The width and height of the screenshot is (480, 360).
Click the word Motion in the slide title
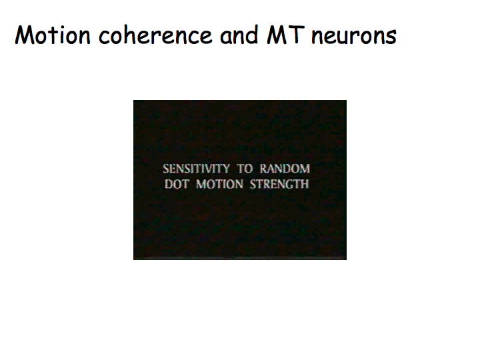(53, 35)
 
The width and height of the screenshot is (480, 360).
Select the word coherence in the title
(155, 35)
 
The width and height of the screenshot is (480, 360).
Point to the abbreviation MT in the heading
(285, 35)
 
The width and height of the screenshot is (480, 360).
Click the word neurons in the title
(354, 36)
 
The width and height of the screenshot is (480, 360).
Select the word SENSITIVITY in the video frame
(196, 169)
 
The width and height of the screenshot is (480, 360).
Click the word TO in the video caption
(245, 169)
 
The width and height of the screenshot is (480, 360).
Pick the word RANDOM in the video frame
(285, 169)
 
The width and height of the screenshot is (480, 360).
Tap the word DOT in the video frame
(177, 184)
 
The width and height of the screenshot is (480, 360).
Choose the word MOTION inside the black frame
(220, 184)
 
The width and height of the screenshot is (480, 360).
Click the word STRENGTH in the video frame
(279, 184)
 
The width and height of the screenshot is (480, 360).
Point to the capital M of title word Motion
(26, 35)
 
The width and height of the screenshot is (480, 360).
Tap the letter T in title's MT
(297, 35)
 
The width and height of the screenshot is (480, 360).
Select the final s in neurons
(391, 38)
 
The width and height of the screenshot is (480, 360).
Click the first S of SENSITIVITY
(165, 169)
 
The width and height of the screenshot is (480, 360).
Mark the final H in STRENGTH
(305, 184)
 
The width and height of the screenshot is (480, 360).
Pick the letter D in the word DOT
(169, 184)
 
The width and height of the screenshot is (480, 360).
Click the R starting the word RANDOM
(264, 169)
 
